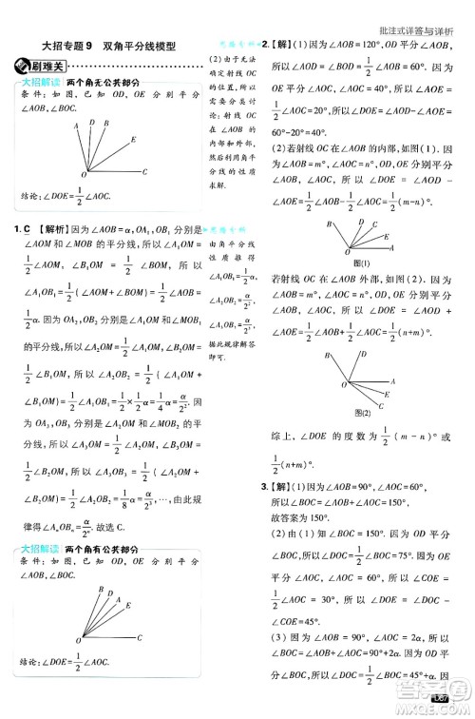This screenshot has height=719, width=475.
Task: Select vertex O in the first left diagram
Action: (84, 177)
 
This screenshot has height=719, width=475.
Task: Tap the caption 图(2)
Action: (361, 414)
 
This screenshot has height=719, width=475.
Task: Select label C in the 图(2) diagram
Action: (380, 406)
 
